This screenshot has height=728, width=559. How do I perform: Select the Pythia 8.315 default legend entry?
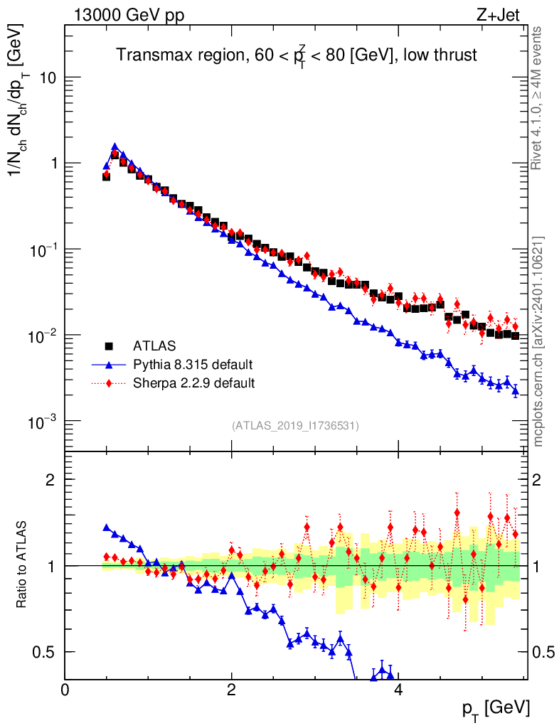click(193, 365)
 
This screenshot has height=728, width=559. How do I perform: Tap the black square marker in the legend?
click(109, 347)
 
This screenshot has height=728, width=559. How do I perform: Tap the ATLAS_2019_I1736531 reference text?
click(295, 426)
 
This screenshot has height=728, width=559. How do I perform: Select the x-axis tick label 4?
click(398, 690)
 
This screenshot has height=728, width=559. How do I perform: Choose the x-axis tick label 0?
click(65, 690)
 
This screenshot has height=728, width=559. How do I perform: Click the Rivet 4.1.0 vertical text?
click(538, 98)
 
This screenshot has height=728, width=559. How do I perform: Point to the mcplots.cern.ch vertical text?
click(538, 341)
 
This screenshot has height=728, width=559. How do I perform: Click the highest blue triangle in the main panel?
click(115, 147)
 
